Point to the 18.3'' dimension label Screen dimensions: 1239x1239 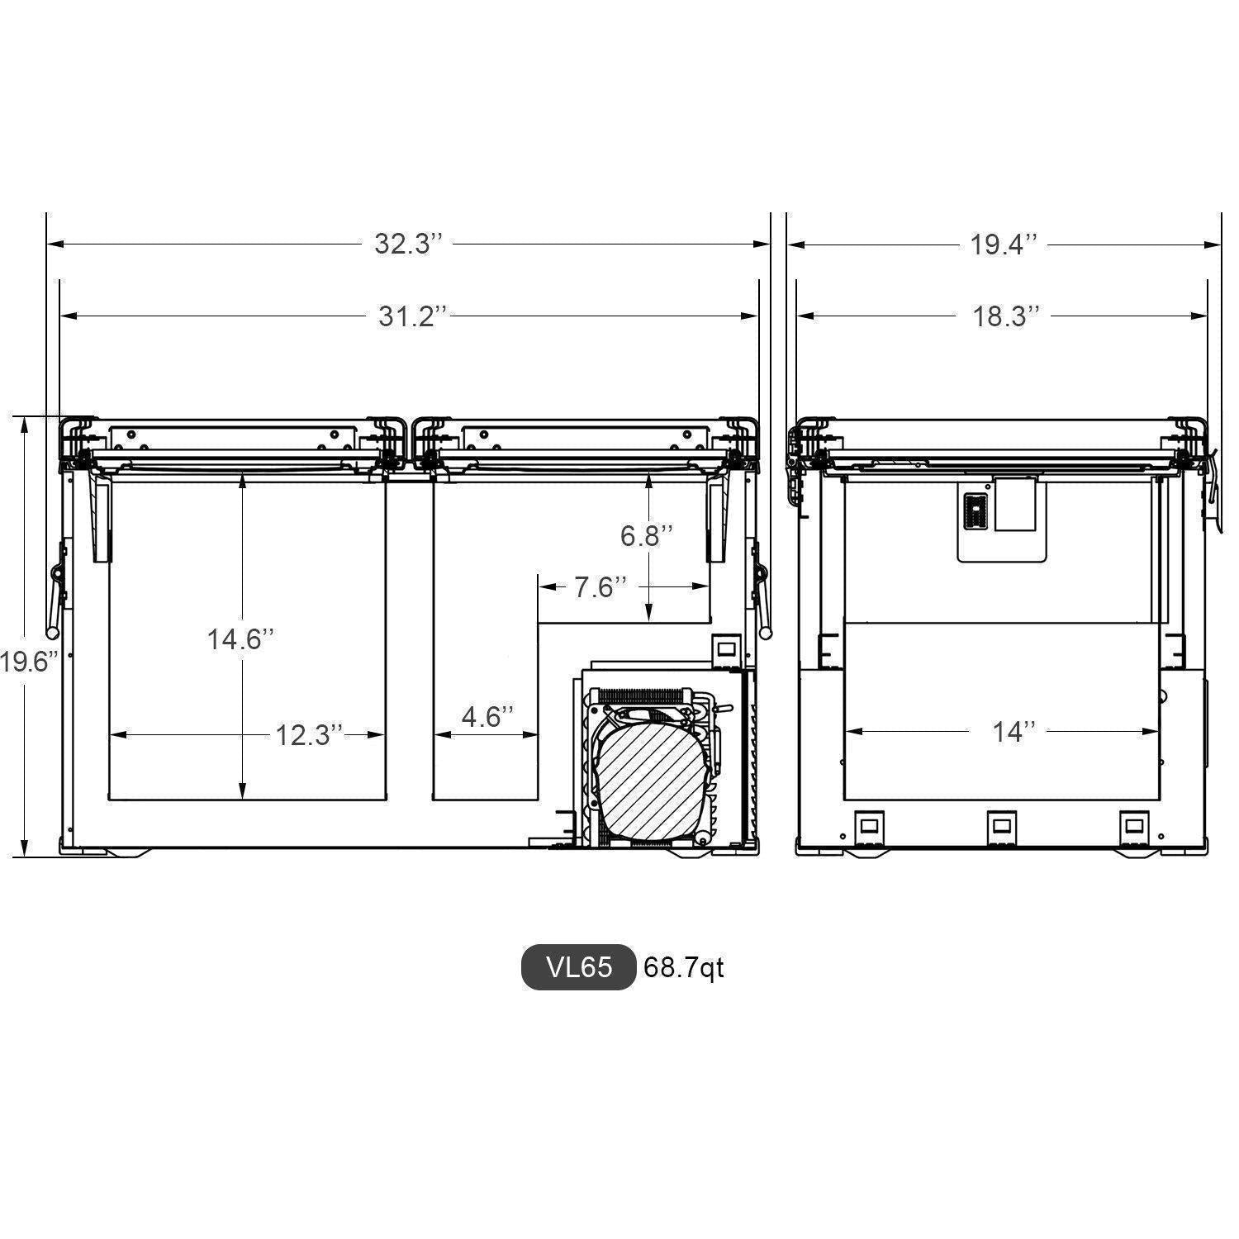[x=1005, y=316]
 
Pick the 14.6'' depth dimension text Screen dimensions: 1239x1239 [x=240, y=639]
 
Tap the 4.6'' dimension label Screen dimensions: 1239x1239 [x=487, y=716]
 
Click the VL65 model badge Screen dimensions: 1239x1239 [x=579, y=966]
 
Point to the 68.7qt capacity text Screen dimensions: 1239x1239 [x=683, y=967]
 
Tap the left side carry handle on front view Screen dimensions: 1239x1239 [x=55, y=591]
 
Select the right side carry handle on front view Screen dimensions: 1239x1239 [x=762, y=591]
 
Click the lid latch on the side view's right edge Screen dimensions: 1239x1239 [x=1210, y=487]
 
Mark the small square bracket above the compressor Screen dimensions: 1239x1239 [x=728, y=650]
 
